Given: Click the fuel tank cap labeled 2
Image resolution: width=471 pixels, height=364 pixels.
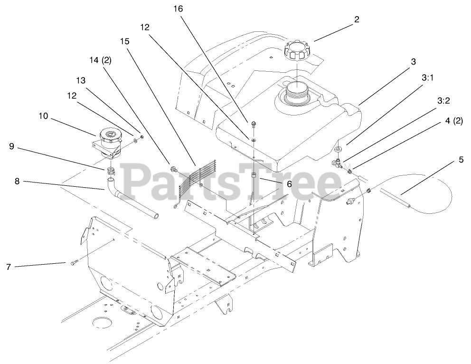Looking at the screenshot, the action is pos(296,51).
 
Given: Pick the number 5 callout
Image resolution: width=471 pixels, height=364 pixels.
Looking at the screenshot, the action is pos(461,160).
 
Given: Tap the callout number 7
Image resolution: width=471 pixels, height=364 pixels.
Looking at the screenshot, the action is pos(8,267).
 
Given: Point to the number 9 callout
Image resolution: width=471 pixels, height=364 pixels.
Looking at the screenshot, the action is pos(12,147).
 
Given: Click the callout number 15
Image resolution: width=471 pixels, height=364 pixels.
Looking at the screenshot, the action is pos(125,41).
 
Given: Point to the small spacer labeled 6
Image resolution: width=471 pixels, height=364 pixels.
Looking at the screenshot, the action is pos(254,177).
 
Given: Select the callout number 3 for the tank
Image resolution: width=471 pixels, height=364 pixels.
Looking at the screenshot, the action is pos(413,62).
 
